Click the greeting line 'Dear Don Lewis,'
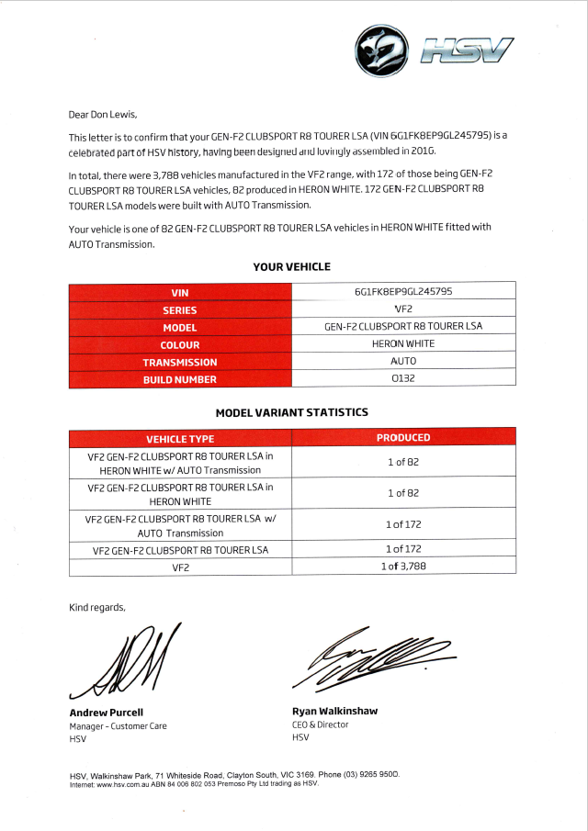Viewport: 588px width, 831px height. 103,115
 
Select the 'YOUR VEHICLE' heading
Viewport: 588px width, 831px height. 291,267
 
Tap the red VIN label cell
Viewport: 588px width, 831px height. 179,293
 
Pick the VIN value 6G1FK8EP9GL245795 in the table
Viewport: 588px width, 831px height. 402,292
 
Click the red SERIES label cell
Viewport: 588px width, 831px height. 179,309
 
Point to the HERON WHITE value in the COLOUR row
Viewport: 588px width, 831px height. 402,343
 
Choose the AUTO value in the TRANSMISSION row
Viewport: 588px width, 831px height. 402,361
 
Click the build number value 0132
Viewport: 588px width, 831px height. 402,378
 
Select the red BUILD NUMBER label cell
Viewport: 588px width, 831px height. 179,378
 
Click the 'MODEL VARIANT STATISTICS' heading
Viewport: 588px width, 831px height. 291,413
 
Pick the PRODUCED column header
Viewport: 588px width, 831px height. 402,438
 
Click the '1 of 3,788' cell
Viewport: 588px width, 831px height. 402,567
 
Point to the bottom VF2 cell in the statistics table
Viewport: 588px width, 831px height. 180,567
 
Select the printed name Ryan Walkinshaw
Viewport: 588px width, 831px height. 334,711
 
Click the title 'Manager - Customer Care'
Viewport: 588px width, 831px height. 118,726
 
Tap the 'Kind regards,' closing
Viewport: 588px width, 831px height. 96,607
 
